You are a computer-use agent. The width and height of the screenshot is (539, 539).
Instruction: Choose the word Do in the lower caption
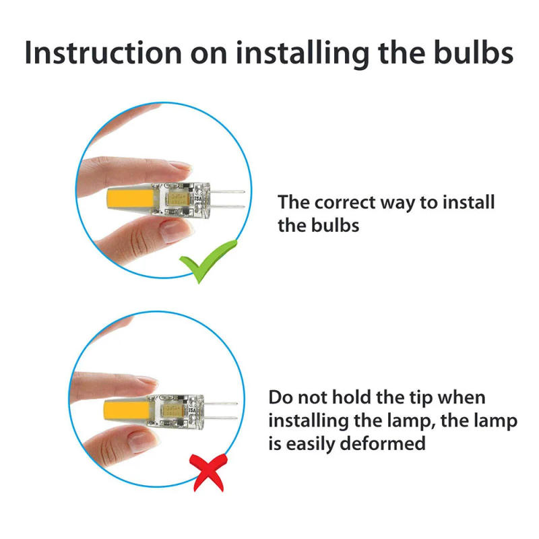(x=281, y=398)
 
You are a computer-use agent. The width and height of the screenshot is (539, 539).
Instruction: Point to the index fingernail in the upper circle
(x=180, y=165)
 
